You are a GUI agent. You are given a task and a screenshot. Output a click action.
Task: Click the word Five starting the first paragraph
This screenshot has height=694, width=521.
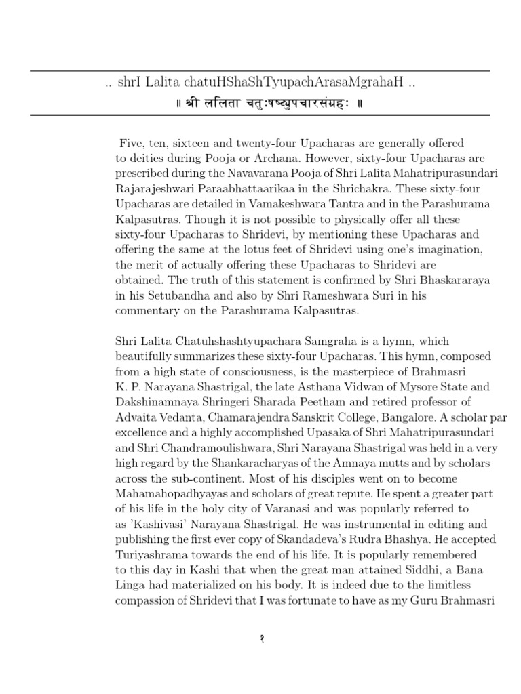[x=130, y=143]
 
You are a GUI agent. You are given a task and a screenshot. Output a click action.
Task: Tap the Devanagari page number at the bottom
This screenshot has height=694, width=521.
[x=261, y=640]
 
